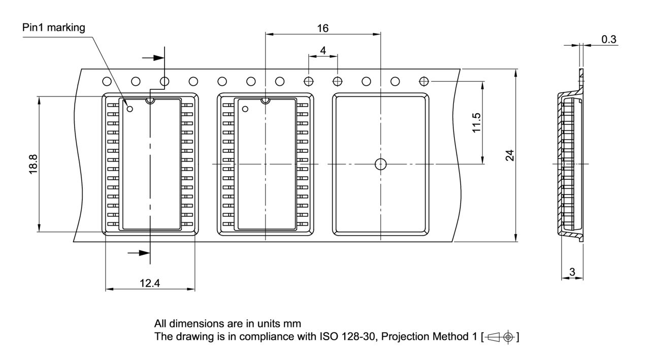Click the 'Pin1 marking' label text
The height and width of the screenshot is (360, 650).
(x=54, y=27)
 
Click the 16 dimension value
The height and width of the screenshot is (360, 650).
(x=322, y=28)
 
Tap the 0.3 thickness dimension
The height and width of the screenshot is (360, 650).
(x=609, y=39)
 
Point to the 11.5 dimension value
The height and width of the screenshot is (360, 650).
(x=477, y=123)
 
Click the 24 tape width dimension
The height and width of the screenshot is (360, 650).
(x=511, y=155)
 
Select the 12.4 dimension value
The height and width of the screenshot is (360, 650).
(x=150, y=283)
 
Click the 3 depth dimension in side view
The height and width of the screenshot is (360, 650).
(x=572, y=272)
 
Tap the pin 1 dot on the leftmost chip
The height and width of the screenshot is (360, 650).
(x=130, y=109)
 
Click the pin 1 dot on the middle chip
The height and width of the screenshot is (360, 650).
(x=245, y=109)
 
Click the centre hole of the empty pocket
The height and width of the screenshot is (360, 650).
(x=380, y=164)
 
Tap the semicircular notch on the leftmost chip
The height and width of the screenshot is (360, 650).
(x=150, y=101)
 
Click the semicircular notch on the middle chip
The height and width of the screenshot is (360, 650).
(x=265, y=101)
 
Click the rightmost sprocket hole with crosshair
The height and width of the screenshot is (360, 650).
(x=424, y=81)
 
